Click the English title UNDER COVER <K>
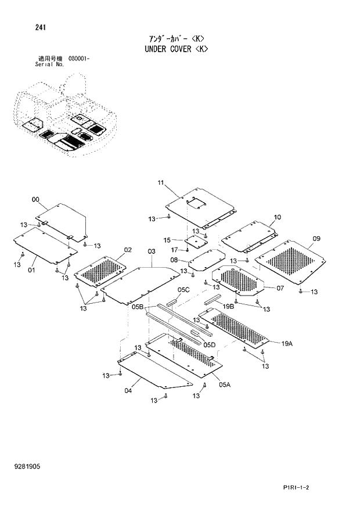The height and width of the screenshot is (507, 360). point(175,49)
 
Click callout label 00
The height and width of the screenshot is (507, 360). point(35,200)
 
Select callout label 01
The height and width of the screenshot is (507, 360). point(31,270)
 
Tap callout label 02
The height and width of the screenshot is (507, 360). point(128,250)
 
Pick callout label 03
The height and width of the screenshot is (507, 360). point(152,251)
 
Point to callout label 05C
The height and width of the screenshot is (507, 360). point(183,289)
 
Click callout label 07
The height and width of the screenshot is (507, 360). point(280,287)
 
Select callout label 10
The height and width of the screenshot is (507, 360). point(277,217)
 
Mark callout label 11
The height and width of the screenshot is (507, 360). point(160,184)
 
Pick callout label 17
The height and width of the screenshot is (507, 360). point(174,250)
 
